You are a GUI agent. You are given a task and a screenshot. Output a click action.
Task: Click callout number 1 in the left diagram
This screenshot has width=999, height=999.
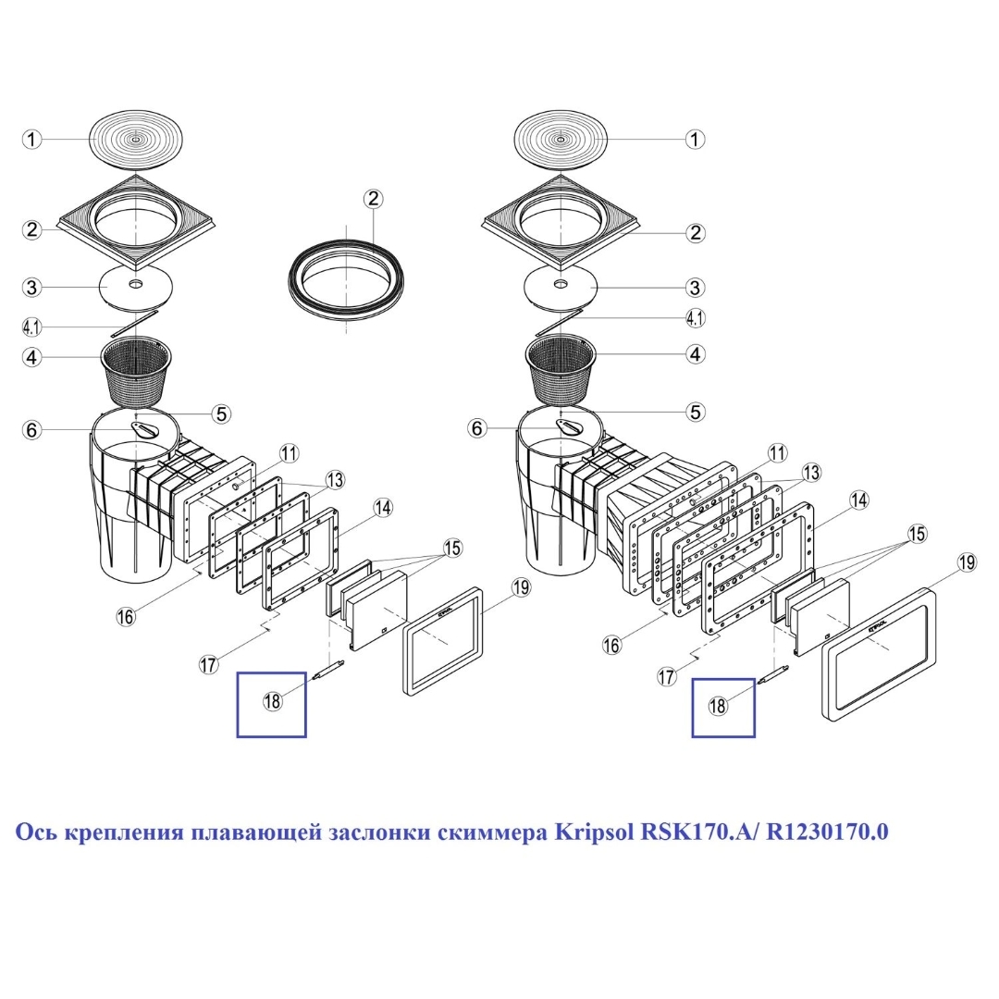32,140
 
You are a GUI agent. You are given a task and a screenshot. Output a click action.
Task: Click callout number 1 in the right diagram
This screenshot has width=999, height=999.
694,140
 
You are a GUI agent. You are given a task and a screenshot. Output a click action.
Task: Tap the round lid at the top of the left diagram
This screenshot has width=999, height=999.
137,140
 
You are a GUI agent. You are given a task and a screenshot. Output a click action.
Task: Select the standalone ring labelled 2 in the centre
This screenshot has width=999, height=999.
347,276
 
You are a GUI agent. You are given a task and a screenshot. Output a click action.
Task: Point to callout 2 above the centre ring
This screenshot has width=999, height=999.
373,199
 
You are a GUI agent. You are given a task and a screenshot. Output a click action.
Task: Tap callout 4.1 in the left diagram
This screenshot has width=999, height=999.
32,327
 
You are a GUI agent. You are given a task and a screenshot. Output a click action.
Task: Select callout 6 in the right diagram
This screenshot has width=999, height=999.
478,428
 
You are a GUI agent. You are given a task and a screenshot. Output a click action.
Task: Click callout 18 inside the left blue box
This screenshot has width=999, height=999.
272,701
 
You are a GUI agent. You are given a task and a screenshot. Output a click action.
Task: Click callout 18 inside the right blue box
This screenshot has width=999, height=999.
718,705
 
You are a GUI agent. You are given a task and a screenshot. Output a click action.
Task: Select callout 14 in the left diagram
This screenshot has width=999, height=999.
383,507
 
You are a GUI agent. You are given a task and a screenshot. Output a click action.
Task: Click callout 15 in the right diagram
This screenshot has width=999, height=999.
917,533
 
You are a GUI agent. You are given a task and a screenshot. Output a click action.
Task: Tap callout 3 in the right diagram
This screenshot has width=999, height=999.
695,287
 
